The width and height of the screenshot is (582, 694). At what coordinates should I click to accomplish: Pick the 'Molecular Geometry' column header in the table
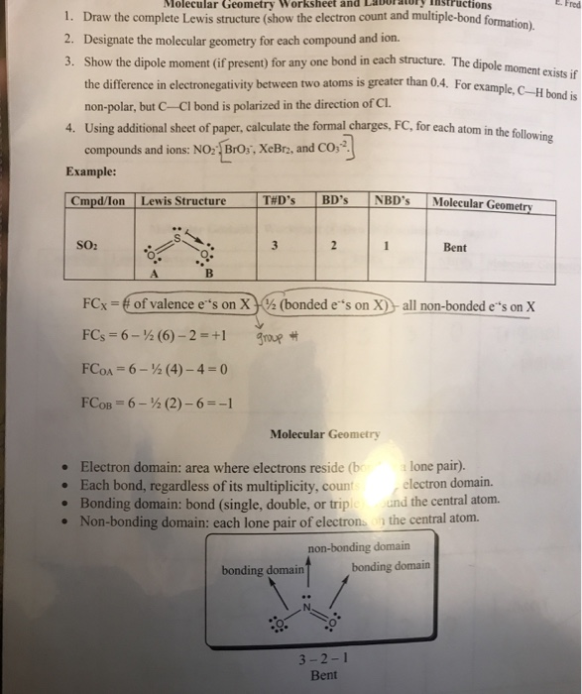coord(483,205)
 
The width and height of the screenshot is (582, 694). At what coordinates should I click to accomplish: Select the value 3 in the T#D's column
coord(273,246)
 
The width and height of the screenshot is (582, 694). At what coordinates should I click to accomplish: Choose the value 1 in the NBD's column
coord(385,247)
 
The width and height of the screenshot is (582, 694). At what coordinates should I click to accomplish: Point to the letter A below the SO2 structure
coord(154,275)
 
